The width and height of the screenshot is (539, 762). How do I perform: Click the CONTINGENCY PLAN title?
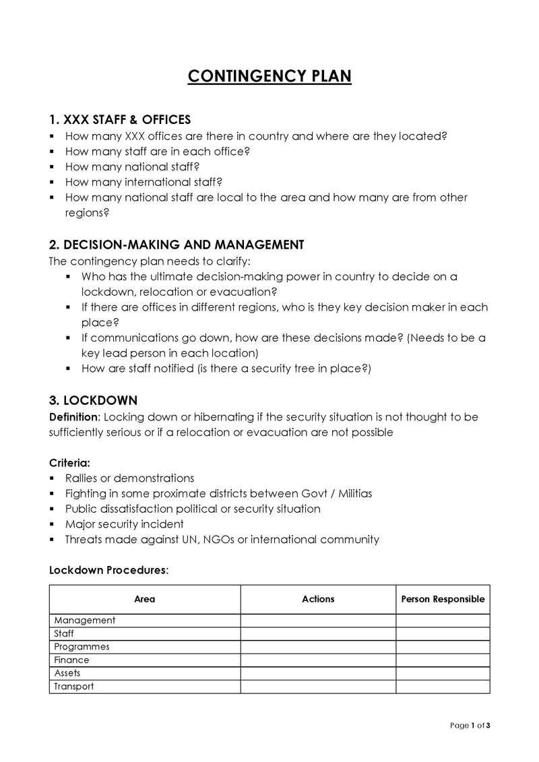(x=269, y=76)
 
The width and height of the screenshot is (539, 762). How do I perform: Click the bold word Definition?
(x=74, y=417)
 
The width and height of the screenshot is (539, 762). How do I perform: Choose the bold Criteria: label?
(x=70, y=463)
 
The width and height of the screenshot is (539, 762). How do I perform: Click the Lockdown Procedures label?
(x=108, y=570)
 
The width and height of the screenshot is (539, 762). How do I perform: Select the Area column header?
(x=145, y=599)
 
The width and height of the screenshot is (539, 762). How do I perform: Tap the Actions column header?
(x=318, y=599)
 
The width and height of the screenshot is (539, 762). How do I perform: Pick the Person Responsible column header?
(x=443, y=599)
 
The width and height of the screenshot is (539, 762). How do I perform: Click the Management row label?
(x=85, y=621)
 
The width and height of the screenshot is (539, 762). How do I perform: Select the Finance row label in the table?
(x=71, y=660)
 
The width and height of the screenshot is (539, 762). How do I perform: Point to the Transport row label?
(x=74, y=687)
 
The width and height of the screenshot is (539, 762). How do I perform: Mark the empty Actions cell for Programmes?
(x=318, y=647)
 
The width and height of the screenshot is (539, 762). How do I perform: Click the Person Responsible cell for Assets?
(x=443, y=673)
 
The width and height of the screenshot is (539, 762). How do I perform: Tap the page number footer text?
(x=470, y=726)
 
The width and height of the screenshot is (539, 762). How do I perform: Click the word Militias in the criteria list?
(x=351, y=494)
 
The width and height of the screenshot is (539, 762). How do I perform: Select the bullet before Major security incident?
(x=53, y=524)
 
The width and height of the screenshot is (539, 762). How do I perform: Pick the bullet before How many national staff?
(x=53, y=166)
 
